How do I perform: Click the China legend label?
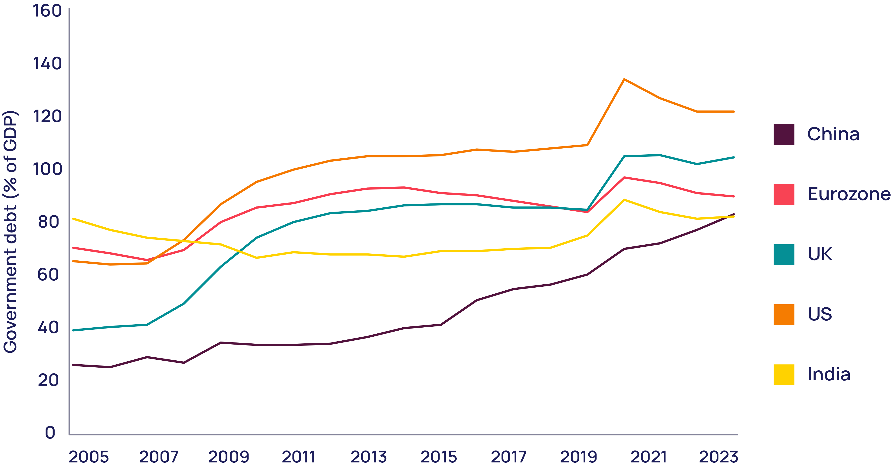point(833,134)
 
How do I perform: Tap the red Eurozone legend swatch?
point(784,194)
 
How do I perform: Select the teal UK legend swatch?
point(784,255)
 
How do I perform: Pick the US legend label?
point(819,314)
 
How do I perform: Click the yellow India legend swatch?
point(784,375)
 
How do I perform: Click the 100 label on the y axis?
point(47,169)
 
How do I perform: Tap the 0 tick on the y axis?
point(50,432)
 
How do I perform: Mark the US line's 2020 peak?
point(624,79)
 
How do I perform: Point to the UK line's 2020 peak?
point(624,156)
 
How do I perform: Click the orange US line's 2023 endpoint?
point(733,112)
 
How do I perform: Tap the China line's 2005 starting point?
point(73,365)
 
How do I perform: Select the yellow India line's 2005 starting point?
point(73,219)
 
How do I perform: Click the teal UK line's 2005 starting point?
point(73,330)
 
